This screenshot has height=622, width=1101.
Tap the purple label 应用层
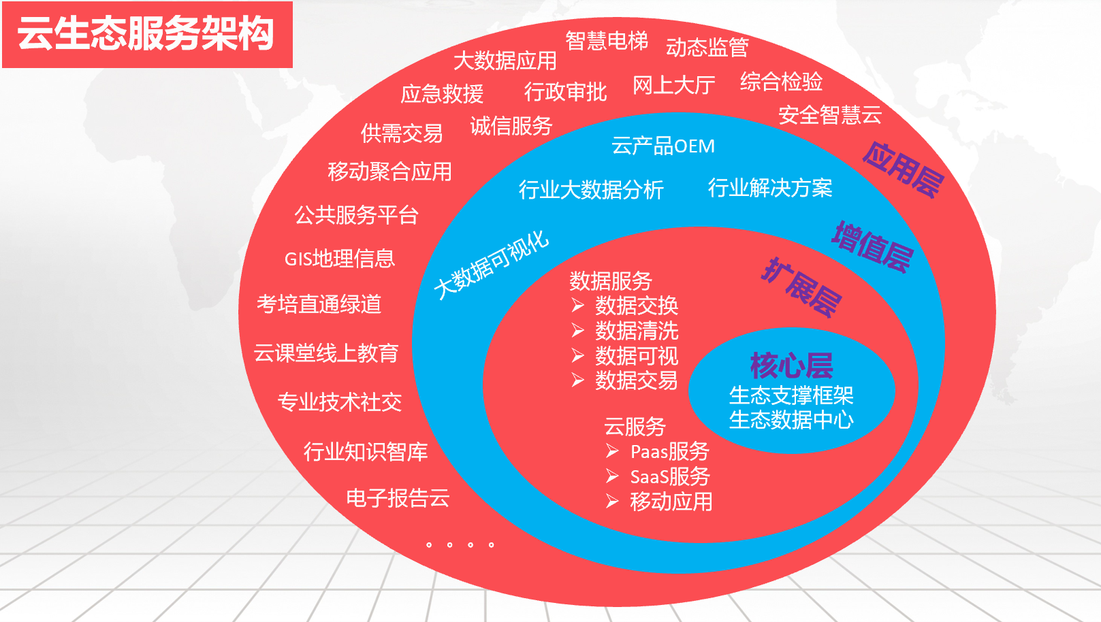[x=904, y=170]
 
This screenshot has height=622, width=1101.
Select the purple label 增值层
[x=872, y=247]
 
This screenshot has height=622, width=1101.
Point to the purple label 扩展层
[x=801, y=287]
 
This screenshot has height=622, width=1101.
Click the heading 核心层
[x=791, y=365]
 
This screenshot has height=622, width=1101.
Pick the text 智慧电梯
[x=607, y=41]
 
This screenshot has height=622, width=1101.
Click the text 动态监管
[x=707, y=48]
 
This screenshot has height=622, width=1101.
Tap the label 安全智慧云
[x=830, y=115]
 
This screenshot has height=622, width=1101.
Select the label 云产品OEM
[x=663, y=146]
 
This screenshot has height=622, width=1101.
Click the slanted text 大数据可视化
[x=492, y=265]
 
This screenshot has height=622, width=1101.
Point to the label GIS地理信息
[x=340, y=259]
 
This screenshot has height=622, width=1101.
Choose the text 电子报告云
[x=398, y=498]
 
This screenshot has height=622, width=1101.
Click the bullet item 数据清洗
[x=637, y=331]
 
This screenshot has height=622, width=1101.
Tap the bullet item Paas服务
[x=670, y=451]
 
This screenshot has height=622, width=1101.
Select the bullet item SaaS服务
[x=670, y=476]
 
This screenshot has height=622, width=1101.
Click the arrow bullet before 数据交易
[x=578, y=380]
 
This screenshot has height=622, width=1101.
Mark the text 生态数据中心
[x=791, y=420]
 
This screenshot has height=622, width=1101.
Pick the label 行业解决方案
[x=770, y=188]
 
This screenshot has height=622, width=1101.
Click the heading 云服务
[x=635, y=427]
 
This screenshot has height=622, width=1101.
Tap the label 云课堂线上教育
[x=326, y=353]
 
